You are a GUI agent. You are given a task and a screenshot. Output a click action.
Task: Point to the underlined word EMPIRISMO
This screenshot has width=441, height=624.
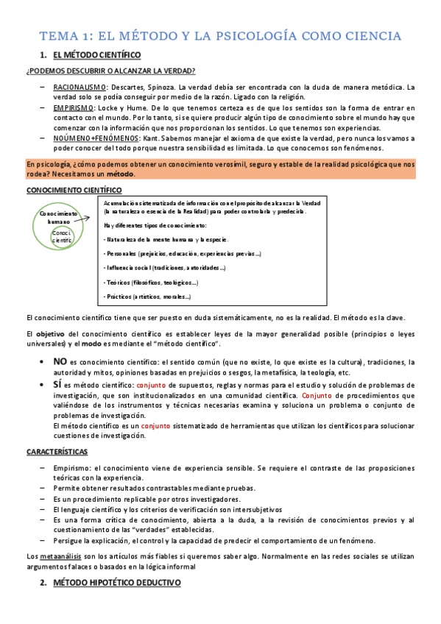(71, 108)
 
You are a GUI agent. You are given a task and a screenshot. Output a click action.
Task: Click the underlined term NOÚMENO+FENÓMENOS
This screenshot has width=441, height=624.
(90, 138)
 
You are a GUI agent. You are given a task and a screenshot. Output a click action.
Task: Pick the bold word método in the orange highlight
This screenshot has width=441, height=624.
(121, 174)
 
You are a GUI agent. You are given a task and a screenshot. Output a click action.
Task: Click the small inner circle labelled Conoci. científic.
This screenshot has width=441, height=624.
(62, 235)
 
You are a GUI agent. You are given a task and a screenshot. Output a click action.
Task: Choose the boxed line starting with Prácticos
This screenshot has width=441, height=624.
(147, 297)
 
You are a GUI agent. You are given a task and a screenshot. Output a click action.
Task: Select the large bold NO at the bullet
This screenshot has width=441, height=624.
(60, 361)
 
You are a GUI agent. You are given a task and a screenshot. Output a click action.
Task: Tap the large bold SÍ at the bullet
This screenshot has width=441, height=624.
(58, 385)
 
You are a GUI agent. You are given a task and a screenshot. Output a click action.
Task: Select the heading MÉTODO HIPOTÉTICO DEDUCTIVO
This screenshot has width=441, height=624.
(117, 583)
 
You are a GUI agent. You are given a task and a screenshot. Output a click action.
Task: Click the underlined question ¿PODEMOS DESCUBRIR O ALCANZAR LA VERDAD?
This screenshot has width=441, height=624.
(110, 71)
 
